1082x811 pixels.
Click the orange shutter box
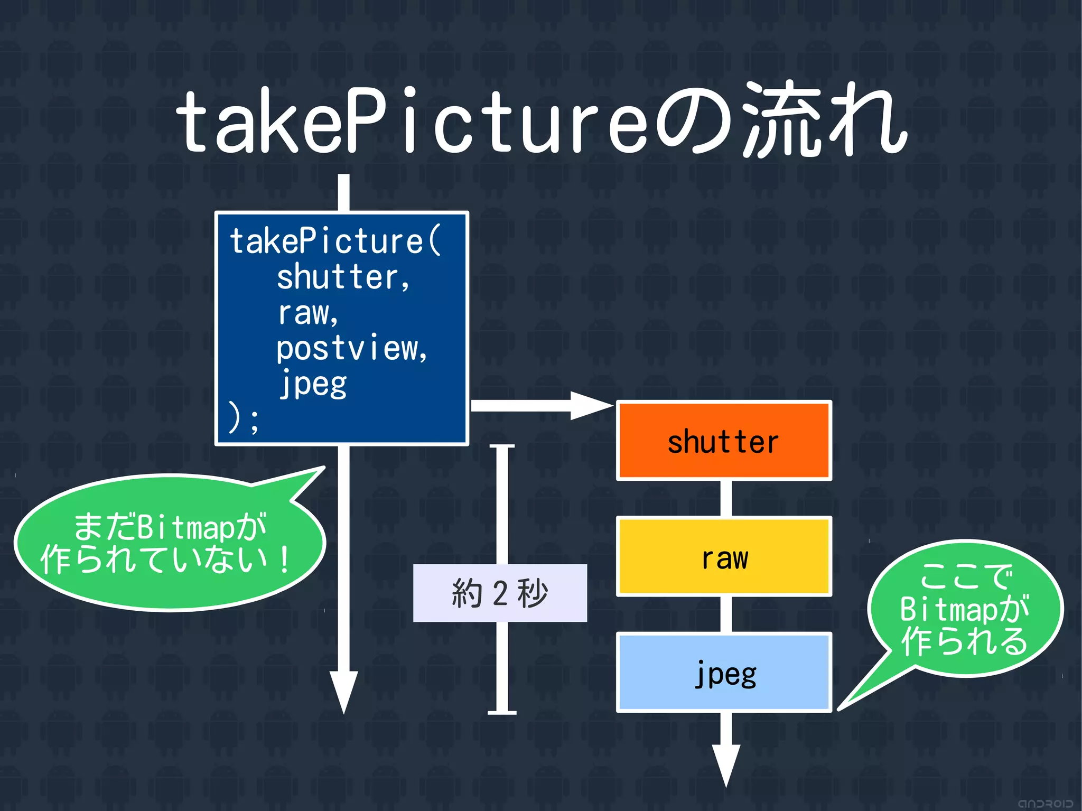(724, 441)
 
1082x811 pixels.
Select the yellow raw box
(724, 557)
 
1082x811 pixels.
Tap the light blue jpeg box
(724, 672)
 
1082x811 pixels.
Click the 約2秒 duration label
(500, 593)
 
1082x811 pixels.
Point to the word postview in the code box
(351, 349)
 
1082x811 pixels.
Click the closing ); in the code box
(243, 418)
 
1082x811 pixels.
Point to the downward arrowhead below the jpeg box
(726, 763)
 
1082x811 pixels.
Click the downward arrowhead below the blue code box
(343, 689)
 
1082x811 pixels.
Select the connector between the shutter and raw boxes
(726, 498)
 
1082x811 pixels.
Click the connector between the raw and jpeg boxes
(726, 614)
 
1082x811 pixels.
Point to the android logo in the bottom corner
(1045, 803)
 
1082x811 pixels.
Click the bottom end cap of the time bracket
(502, 713)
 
